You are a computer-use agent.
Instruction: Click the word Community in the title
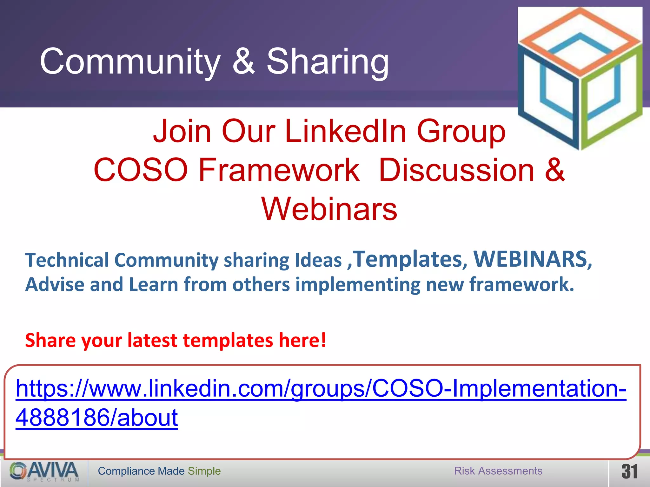130,62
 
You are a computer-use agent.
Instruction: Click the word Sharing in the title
328,62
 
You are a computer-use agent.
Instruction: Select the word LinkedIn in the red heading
346,131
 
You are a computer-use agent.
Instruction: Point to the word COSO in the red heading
141,170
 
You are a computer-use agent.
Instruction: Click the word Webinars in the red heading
329,209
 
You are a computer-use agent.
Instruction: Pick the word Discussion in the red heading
456,170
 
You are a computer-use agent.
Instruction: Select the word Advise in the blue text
55,284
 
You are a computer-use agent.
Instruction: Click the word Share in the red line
50,340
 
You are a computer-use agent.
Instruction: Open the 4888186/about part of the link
96,418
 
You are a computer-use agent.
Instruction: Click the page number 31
629,472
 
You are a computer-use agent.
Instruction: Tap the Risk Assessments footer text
498,471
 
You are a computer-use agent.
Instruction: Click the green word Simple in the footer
204,471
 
